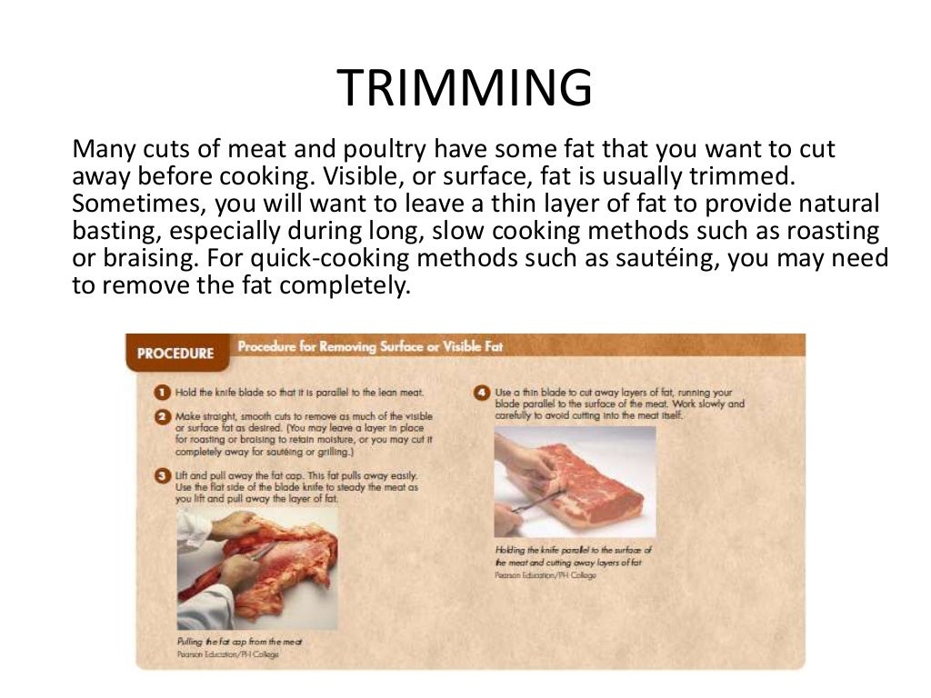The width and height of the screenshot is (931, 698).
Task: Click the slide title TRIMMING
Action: [465, 88]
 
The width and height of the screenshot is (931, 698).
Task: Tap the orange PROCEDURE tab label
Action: [175, 354]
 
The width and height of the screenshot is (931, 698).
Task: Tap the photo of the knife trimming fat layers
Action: [575, 482]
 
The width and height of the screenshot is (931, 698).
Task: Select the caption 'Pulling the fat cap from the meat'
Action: [238, 641]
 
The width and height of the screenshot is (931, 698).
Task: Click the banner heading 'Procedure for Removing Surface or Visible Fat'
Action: [370, 346]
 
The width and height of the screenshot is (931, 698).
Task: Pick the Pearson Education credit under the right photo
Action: [546, 575]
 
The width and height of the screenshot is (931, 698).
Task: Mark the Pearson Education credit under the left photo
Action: [227, 654]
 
